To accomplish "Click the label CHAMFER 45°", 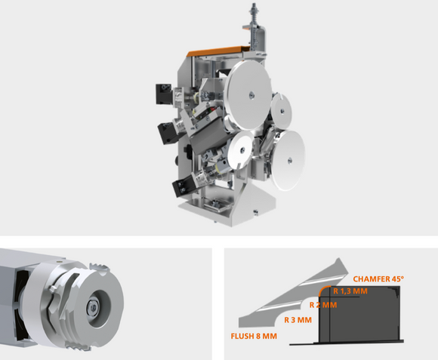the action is click(x=378, y=278).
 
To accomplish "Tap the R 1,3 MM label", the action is click(x=350, y=291).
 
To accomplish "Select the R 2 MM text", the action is click(x=323, y=305).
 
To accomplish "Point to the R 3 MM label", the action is click(x=298, y=320).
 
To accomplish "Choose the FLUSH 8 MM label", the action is click(x=254, y=336).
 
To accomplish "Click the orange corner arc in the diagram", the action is click(x=322, y=288).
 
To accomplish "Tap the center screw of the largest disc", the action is click(x=251, y=95).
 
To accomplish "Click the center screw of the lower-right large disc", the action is click(x=290, y=161).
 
